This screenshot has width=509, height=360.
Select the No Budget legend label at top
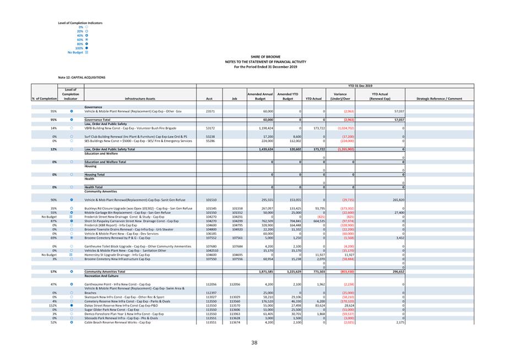75,52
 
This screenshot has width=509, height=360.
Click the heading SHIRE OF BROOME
265,57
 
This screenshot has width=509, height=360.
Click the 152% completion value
53,305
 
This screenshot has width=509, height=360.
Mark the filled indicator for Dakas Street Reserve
72,305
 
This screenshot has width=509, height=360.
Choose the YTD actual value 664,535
313,221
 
